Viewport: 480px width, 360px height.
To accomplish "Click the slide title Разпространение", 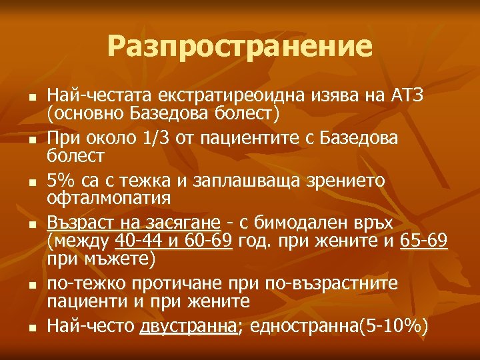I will (240, 47).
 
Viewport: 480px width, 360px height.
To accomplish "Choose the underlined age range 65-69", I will (424, 239).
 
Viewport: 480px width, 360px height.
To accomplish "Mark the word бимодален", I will (291, 221).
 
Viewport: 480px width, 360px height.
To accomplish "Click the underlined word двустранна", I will (189, 326).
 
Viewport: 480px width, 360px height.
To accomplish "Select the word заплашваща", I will (235, 180).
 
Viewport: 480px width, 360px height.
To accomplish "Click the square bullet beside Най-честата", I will (31, 99).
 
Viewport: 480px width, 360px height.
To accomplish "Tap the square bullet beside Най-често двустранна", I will (31, 327).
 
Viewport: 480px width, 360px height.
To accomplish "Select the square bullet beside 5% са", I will (31, 181).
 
